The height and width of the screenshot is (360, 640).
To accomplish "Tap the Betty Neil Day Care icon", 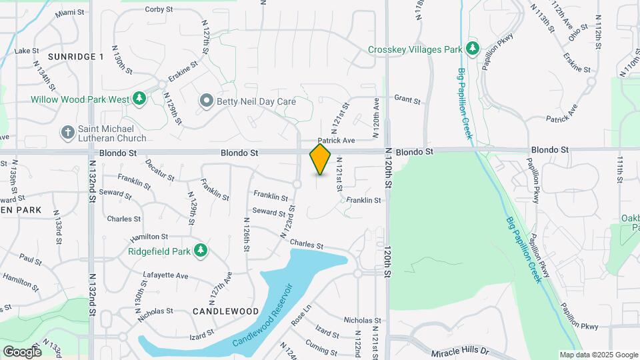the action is [207, 101].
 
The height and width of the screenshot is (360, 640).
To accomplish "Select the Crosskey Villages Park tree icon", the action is [473, 48].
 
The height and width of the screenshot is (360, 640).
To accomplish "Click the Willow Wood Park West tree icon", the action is [139, 99].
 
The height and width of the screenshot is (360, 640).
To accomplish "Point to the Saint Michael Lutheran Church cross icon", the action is [67, 133].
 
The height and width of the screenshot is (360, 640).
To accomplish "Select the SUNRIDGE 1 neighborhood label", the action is [75, 57].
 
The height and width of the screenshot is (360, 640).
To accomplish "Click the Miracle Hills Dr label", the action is [460, 351].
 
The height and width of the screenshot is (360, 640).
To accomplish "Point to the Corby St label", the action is [159, 9].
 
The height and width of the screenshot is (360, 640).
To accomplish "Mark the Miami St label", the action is [70, 13].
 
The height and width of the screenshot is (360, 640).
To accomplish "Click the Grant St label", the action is [407, 101].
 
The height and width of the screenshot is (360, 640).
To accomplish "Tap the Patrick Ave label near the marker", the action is [336, 141].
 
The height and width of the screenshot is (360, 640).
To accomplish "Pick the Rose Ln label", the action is [301, 315].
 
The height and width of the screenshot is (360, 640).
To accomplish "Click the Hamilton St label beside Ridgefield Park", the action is [149, 237].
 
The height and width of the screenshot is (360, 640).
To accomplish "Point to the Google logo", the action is [22, 351].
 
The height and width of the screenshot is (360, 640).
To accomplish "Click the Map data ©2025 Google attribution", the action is [599, 355].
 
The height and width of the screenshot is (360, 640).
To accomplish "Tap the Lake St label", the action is [27, 51].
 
